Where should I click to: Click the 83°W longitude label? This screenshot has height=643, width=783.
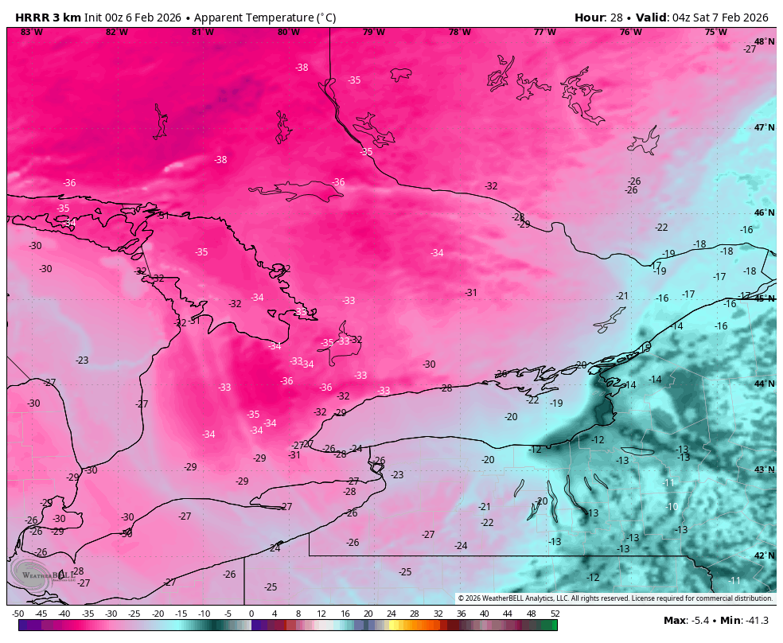[32, 33]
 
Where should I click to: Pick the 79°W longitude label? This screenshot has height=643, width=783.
[374, 33]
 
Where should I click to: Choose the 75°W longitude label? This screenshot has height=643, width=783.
[715, 33]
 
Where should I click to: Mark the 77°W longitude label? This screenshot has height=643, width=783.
[545, 33]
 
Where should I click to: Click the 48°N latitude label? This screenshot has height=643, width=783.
[764, 41]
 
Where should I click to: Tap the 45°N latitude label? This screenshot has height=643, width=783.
[764, 298]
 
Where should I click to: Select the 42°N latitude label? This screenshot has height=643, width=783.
[764, 555]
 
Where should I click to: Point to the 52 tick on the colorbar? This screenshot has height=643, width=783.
[555, 614]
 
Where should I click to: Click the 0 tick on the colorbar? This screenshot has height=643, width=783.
[251, 614]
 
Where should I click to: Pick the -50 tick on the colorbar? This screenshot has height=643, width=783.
[18, 614]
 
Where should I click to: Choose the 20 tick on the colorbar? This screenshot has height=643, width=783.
[368, 614]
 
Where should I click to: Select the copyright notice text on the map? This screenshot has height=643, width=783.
[614, 598]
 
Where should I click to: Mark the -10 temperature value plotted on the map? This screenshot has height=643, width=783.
[672, 507]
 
